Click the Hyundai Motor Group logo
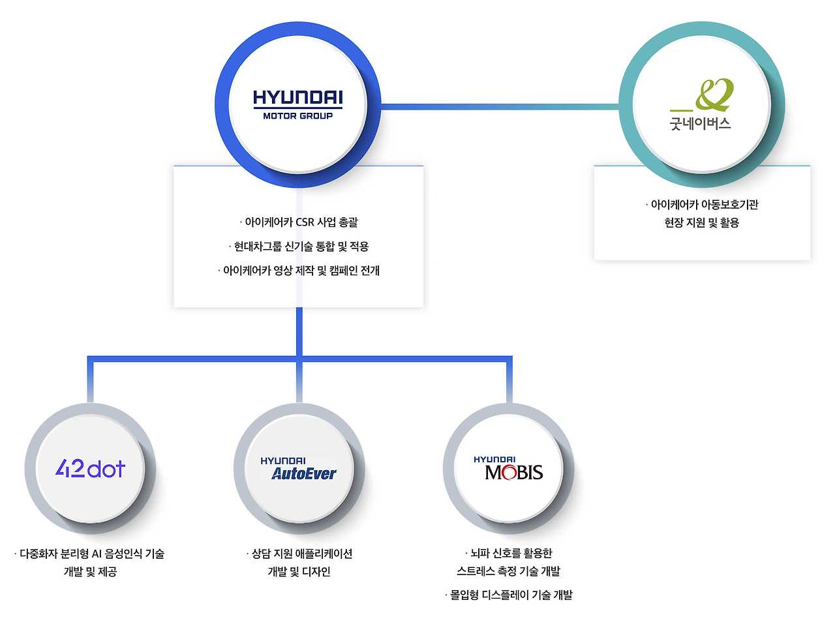297,105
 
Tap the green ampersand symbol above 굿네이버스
714,95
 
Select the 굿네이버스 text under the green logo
700,123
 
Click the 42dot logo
90,468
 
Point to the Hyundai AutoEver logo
299,469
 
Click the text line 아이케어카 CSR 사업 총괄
299,222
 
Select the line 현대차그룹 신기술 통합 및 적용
299,246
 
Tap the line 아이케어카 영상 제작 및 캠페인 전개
299,271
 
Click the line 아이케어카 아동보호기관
702,205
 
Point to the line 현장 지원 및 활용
702,223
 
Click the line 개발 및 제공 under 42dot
90,573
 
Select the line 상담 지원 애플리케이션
300,554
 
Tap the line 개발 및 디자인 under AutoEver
299,573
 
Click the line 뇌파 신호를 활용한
509,554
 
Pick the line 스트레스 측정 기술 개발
509,572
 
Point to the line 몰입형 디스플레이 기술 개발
509,595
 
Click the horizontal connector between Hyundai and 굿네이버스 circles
499,105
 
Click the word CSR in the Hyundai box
305,222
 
